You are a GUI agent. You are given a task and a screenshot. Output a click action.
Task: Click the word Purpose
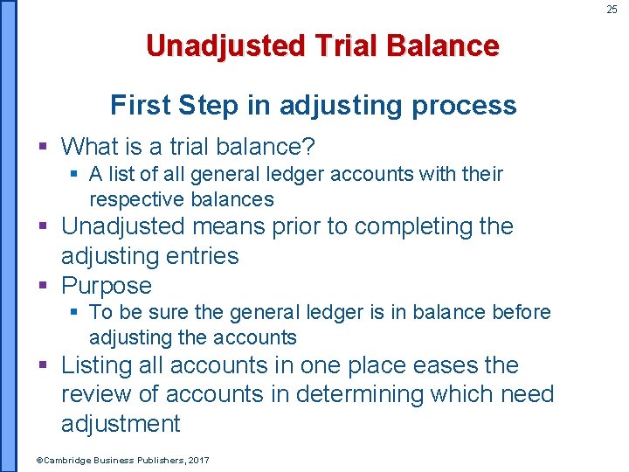point(107,286)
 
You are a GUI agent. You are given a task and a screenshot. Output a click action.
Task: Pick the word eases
point(432,365)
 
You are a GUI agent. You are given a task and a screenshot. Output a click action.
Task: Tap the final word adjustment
point(121,424)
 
